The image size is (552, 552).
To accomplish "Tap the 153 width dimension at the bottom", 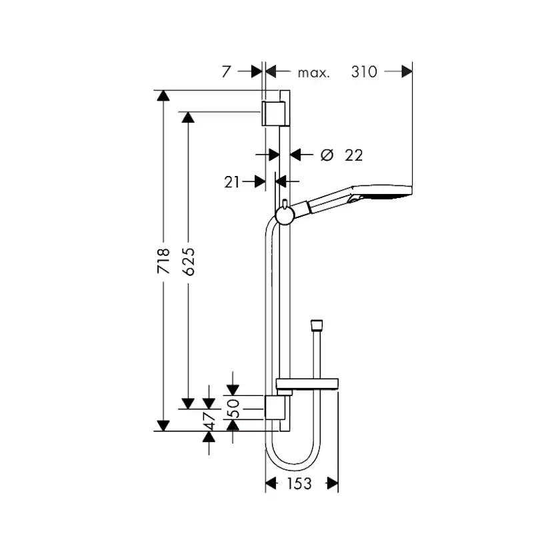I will click(x=299, y=484).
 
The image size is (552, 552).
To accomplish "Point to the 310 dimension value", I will click(x=364, y=72).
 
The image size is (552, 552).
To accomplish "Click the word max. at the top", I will click(x=313, y=73).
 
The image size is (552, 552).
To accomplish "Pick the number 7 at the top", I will click(x=227, y=72).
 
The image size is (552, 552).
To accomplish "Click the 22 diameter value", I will click(x=353, y=155).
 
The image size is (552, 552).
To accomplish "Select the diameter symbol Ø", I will click(x=326, y=155).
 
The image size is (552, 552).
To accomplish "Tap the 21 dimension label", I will click(x=231, y=181).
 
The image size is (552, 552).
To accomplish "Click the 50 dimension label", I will click(x=233, y=407).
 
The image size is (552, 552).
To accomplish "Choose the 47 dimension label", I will click(x=209, y=420).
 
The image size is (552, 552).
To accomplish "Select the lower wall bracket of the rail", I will click(x=275, y=407).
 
